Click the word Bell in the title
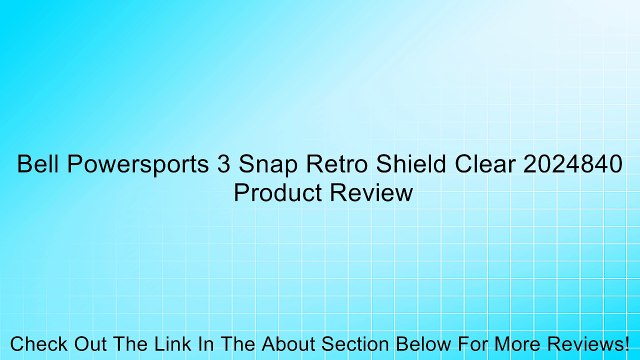[x=35, y=165]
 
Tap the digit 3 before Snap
[x=224, y=165]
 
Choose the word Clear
[x=480, y=165]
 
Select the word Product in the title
[x=276, y=193]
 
